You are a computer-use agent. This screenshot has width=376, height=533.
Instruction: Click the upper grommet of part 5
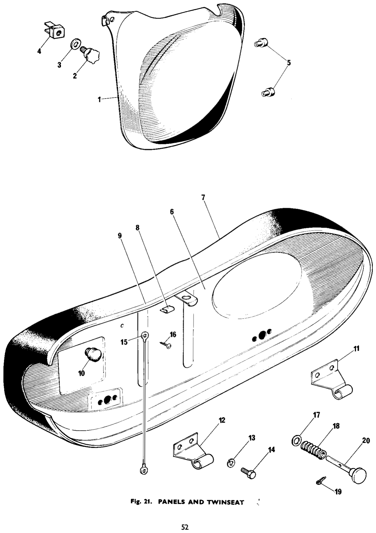coord(261,43)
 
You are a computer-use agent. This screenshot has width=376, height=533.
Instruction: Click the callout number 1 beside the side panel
coord(100,100)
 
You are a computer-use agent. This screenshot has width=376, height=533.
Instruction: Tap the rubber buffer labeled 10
coord(94,355)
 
